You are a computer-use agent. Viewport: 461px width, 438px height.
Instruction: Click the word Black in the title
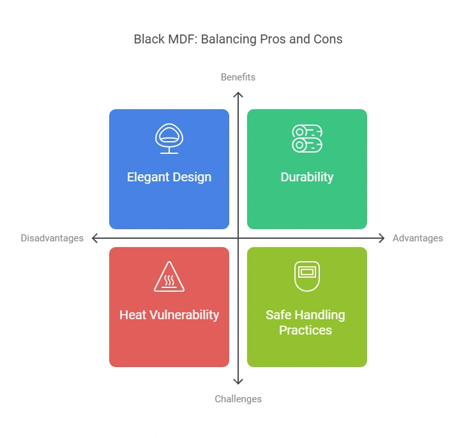click(148, 40)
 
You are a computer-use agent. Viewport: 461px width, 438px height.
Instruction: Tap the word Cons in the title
click(328, 40)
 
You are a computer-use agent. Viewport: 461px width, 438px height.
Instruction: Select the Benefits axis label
click(238, 77)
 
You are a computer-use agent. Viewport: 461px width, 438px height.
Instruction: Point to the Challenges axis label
click(238, 399)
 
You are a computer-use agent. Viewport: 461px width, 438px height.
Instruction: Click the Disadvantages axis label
click(52, 238)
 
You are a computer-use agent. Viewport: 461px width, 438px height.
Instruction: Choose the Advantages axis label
click(418, 238)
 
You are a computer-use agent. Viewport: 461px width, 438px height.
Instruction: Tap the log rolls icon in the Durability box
click(307, 139)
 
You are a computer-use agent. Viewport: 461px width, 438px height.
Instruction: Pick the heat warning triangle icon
click(169, 277)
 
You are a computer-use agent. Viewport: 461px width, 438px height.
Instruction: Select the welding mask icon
click(307, 276)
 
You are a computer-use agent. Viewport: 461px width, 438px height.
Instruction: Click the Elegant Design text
click(169, 177)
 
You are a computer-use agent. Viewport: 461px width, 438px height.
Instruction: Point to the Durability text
click(307, 177)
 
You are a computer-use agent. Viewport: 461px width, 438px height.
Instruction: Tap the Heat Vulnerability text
click(169, 315)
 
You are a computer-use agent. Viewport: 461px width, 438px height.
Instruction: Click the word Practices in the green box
click(305, 330)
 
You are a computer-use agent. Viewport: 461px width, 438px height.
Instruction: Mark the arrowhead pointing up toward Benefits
click(238, 95)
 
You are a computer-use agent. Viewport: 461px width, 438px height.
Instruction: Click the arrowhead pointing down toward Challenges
click(238, 381)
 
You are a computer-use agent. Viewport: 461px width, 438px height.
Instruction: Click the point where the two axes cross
click(238, 238)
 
